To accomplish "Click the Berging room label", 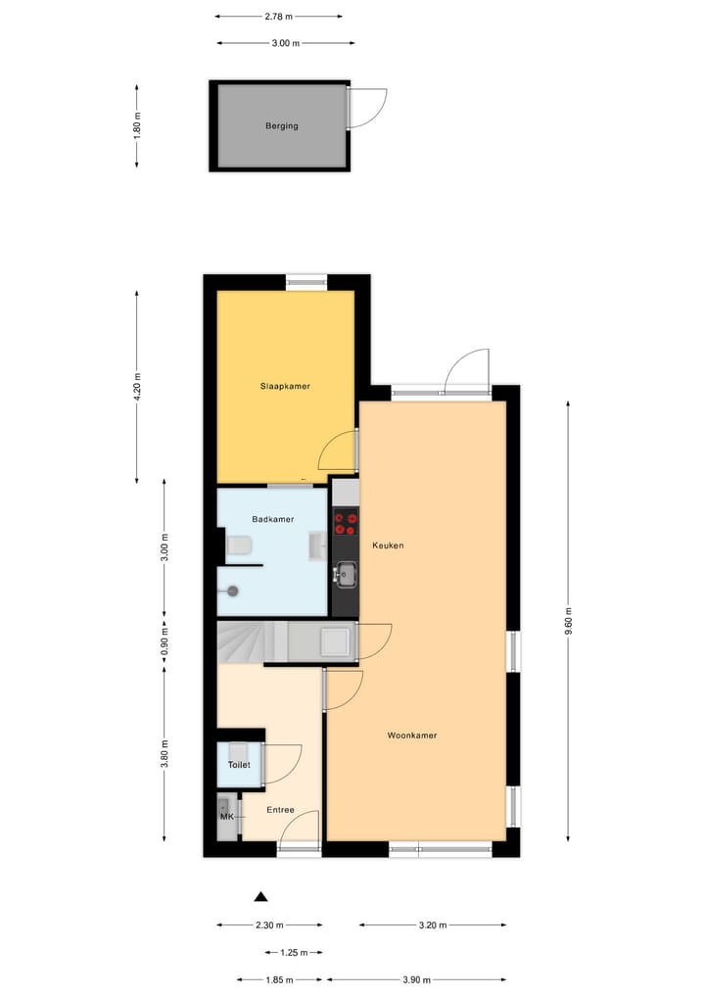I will pyautogui.click(x=281, y=126).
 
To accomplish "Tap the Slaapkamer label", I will pyautogui.click(x=285, y=386).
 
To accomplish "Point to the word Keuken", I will pyautogui.click(x=388, y=545).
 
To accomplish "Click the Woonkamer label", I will pyautogui.click(x=411, y=735).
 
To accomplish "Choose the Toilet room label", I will pyautogui.click(x=239, y=765).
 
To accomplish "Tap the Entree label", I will pyautogui.click(x=280, y=810).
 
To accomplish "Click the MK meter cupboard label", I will pyautogui.click(x=226, y=817).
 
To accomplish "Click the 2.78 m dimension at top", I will pyautogui.click(x=279, y=17).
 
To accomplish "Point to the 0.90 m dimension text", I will pyautogui.click(x=164, y=641).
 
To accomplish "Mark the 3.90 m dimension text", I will pyautogui.click(x=416, y=978).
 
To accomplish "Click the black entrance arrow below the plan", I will pyautogui.click(x=260, y=896).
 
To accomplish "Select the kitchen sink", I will pyautogui.click(x=346, y=570).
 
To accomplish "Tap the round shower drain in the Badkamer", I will pyautogui.click(x=233, y=591).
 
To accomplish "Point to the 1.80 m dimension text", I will pyautogui.click(x=138, y=126).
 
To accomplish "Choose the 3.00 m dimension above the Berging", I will pyautogui.click(x=285, y=43).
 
